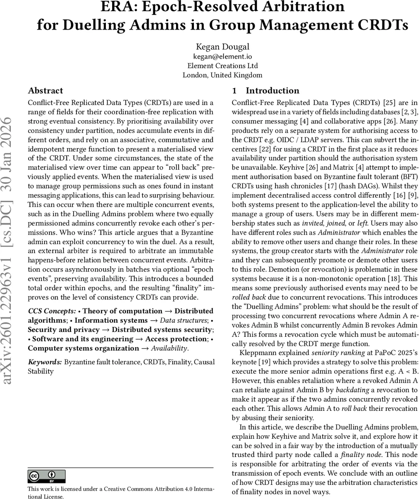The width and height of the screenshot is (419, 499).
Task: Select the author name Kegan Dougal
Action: click(222, 47)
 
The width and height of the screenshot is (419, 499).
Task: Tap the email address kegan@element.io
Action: click(222, 56)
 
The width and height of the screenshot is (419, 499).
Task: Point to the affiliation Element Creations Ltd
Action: click(222, 66)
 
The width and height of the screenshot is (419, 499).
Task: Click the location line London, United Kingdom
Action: click(222, 75)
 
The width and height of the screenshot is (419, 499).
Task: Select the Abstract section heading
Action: click(45, 91)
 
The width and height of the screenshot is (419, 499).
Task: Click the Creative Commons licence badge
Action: click(47, 476)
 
